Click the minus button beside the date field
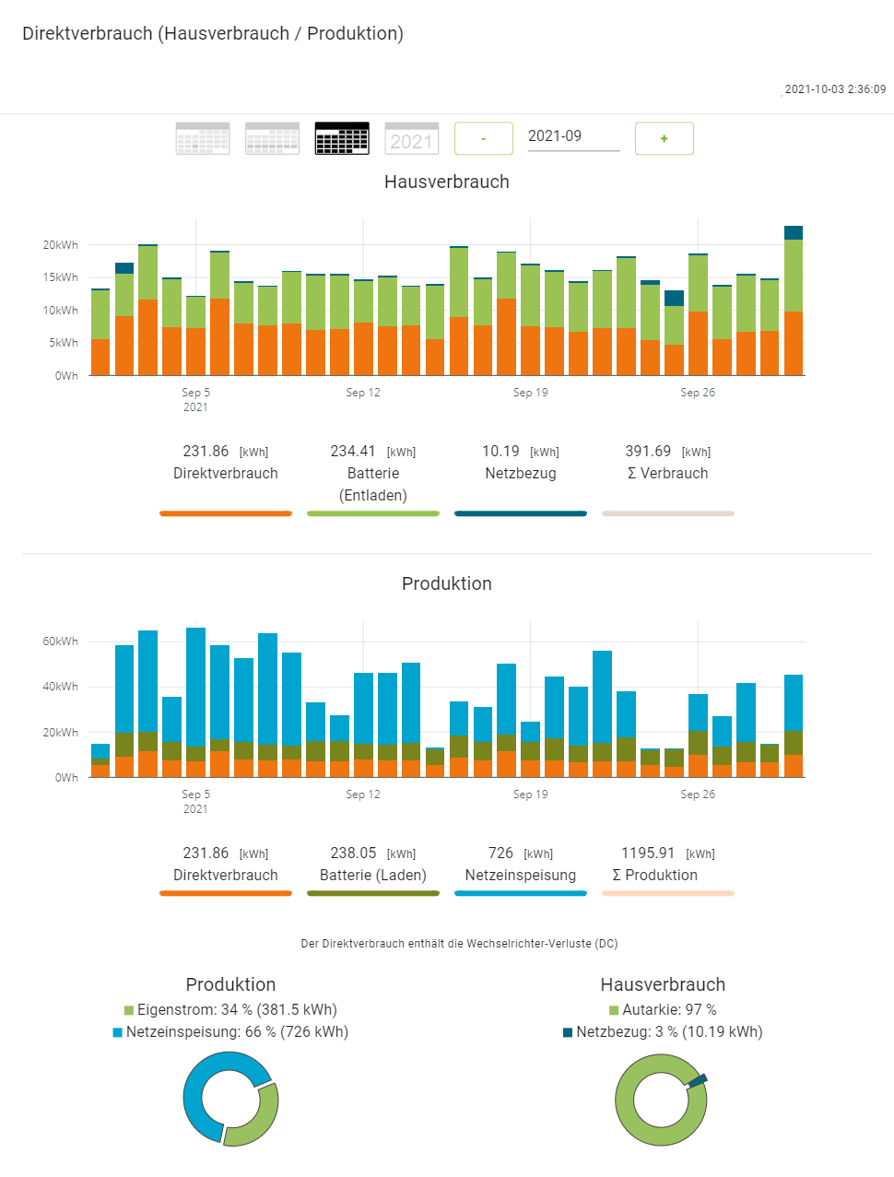click(484, 138)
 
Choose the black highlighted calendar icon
click(342, 138)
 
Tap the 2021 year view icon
click(411, 138)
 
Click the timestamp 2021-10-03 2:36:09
click(835, 89)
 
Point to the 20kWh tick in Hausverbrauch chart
click(61, 245)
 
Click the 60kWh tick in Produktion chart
click(61, 641)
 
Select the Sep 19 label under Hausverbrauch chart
click(530, 393)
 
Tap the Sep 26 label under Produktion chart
click(698, 794)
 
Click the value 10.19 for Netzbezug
click(500, 452)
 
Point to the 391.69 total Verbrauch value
click(648, 452)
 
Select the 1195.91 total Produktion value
click(648, 853)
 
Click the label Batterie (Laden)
click(373, 876)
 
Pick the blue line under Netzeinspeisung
click(521, 893)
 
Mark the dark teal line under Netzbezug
click(521, 513)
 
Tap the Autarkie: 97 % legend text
click(669, 1010)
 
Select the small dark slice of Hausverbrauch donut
click(698, 1079)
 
